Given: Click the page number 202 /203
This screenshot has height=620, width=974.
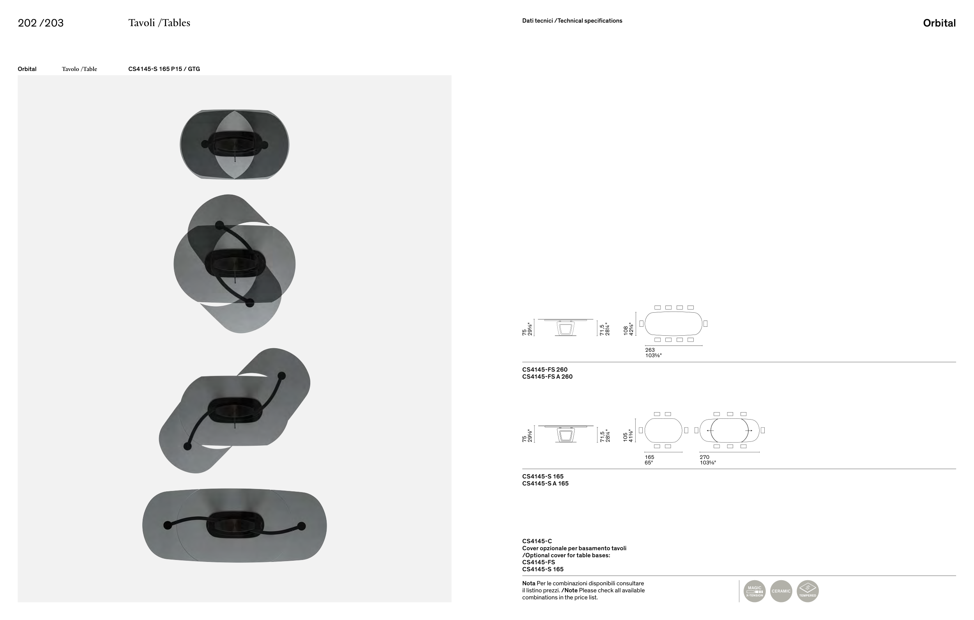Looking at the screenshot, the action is click(x=41, y=23).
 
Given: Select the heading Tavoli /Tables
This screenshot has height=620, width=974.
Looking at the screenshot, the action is click(x=159, y=23).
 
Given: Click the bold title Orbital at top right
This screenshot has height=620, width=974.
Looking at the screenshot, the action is click(x=939, y=23).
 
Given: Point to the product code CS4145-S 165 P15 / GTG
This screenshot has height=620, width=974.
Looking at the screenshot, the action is click(x=164, y=69).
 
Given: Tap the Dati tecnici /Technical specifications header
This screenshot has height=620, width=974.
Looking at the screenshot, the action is click(x=572, y=21).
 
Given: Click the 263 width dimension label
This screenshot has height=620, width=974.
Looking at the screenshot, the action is click(x=650, y=350).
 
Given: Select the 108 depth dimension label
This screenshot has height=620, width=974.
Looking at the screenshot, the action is click(x=626, y=330).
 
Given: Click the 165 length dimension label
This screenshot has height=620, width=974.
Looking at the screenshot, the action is click(x=650, y=457).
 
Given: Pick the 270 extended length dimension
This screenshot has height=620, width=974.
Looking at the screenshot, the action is click(x=705, y=457).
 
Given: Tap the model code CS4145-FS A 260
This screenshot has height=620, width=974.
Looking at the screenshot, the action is click(x=547, y=377).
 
